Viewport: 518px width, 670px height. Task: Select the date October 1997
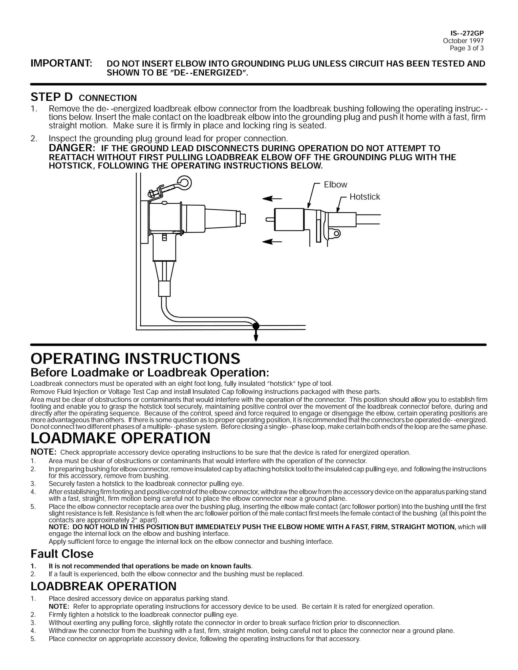463,41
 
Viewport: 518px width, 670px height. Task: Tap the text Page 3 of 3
466,48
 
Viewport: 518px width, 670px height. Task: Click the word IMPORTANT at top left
61,63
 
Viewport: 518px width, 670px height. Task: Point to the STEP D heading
52,97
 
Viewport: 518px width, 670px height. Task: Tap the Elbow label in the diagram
335,185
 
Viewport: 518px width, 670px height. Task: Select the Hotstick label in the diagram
364,197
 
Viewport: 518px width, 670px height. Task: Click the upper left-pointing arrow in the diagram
272,199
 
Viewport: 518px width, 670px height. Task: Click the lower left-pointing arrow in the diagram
272,242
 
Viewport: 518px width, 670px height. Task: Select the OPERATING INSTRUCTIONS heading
135,359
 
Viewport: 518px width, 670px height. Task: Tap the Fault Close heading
62,554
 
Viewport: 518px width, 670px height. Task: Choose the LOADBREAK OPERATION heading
103,586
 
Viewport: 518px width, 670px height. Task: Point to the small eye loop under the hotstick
337,234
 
